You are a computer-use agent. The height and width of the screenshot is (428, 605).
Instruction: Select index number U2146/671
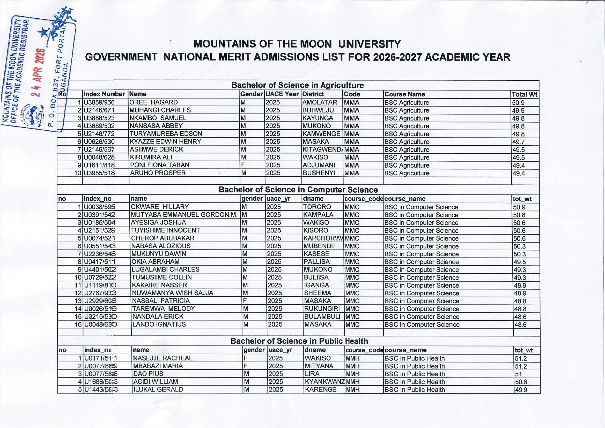pos(99,110)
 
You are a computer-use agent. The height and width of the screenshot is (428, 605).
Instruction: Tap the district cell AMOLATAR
pos(320,102)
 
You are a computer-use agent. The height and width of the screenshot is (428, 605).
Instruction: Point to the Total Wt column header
pos(524,94)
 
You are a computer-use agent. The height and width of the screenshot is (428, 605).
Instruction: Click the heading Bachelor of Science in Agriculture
pos(298,85)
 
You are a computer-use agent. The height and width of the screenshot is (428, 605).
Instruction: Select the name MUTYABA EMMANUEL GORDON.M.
pos(184,215)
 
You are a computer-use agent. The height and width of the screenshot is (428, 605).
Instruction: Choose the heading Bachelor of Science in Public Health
pos(299,341)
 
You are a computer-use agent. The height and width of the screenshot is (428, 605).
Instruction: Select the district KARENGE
pos(320,389)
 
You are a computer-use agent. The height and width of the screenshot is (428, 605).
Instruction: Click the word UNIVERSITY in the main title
pos(369,44)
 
